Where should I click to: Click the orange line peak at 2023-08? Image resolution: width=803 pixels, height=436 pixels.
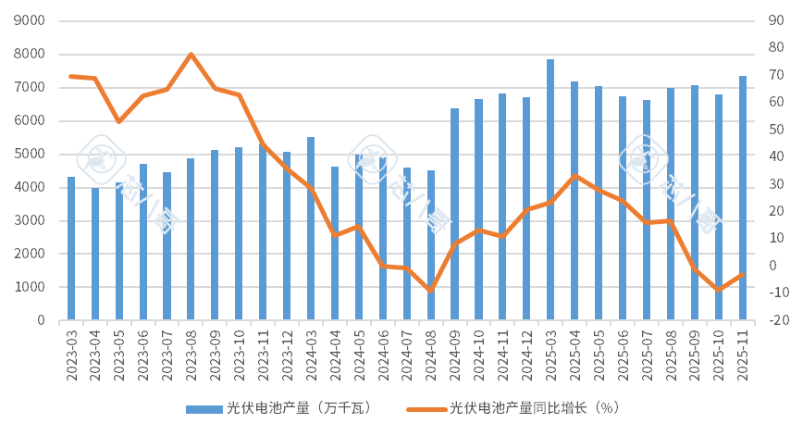[x=191, y=54]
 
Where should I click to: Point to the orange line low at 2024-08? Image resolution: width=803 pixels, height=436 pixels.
[x=430, y=291]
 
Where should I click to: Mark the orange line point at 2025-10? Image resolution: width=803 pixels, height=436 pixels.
[x=718, y=290]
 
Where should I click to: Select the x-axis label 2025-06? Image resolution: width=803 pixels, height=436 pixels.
[x=622, y=353]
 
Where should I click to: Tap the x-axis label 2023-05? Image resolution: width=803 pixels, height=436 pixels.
[x=119, y=353]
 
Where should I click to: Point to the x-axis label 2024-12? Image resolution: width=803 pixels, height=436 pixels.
[x=526, y=353]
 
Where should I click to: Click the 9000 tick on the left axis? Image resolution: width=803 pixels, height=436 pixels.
[x=31, y=20]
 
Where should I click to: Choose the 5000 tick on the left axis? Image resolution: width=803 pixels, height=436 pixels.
[x=31, y=154]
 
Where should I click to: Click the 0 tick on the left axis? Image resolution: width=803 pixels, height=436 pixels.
[x=40, y=320]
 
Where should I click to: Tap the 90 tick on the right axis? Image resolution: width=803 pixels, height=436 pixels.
[x=776, y=20]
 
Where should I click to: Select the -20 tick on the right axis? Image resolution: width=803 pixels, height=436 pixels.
[x=778, y=320]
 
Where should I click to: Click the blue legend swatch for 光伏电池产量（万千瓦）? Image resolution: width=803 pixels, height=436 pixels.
[x=203, y=408]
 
